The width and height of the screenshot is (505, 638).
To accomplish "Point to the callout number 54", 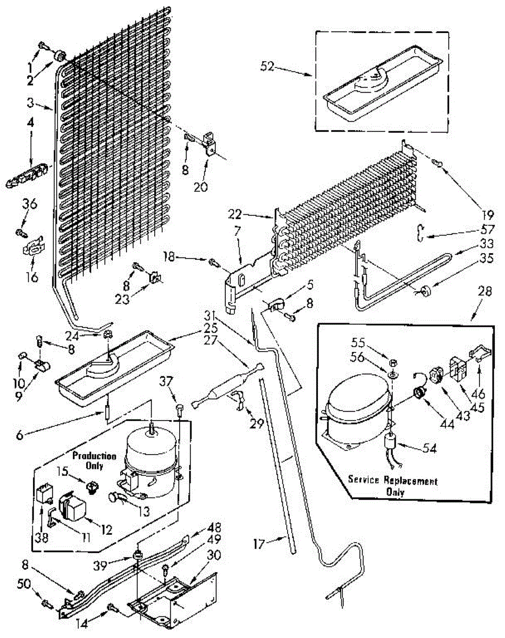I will [x=429, y=449].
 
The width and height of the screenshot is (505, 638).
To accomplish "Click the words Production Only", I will [x=95, y=461].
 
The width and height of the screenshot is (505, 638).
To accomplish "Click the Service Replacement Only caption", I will [x=393, y=486].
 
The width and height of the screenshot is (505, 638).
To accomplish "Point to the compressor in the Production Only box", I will [x=150, y=463].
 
